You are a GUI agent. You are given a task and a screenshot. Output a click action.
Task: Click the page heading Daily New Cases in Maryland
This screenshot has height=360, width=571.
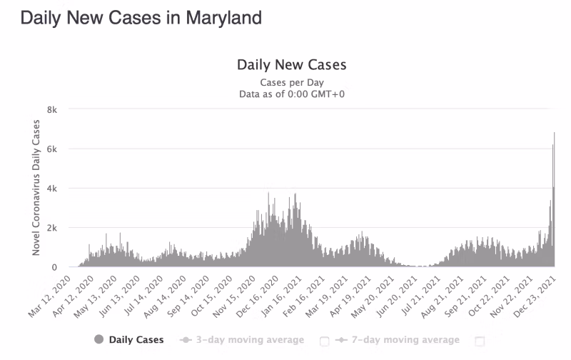[141, 18]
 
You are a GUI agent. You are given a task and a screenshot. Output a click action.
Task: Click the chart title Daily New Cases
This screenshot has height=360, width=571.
[291, 65]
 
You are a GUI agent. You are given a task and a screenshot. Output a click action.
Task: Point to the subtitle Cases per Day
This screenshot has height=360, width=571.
[291, 82]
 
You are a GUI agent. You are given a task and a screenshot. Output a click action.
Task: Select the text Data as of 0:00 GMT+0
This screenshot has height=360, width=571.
[291, 94]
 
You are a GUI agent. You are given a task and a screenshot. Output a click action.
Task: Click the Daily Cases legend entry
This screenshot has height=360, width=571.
[136, 340]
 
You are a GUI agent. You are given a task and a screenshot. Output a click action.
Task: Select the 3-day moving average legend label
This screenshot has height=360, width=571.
[250, 340]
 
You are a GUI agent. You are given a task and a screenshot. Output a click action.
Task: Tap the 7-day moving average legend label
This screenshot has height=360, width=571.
[405, 340]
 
